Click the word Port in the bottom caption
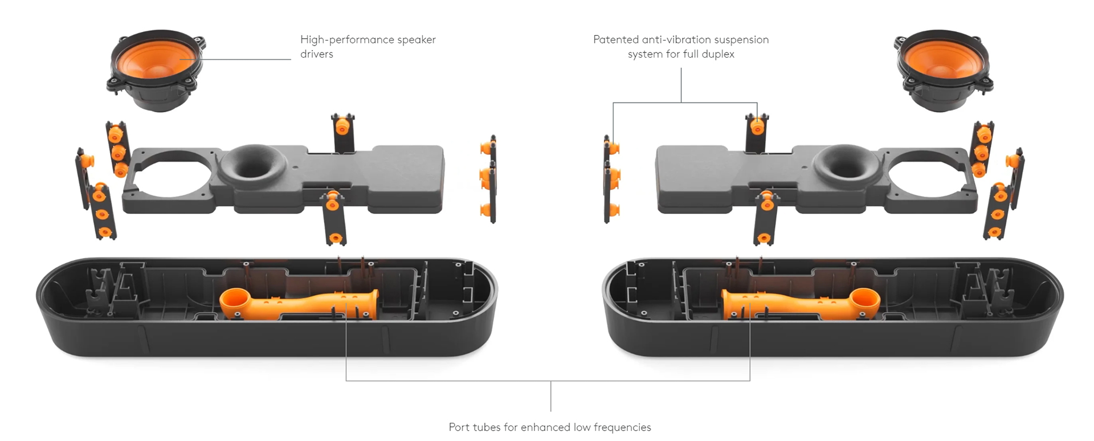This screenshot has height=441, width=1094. click(459, 427)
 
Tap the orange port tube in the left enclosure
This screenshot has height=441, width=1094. click(308, 305)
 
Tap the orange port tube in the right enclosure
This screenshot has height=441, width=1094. click(792, 305)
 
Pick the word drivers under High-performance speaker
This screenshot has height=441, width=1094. click(317, 54)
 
